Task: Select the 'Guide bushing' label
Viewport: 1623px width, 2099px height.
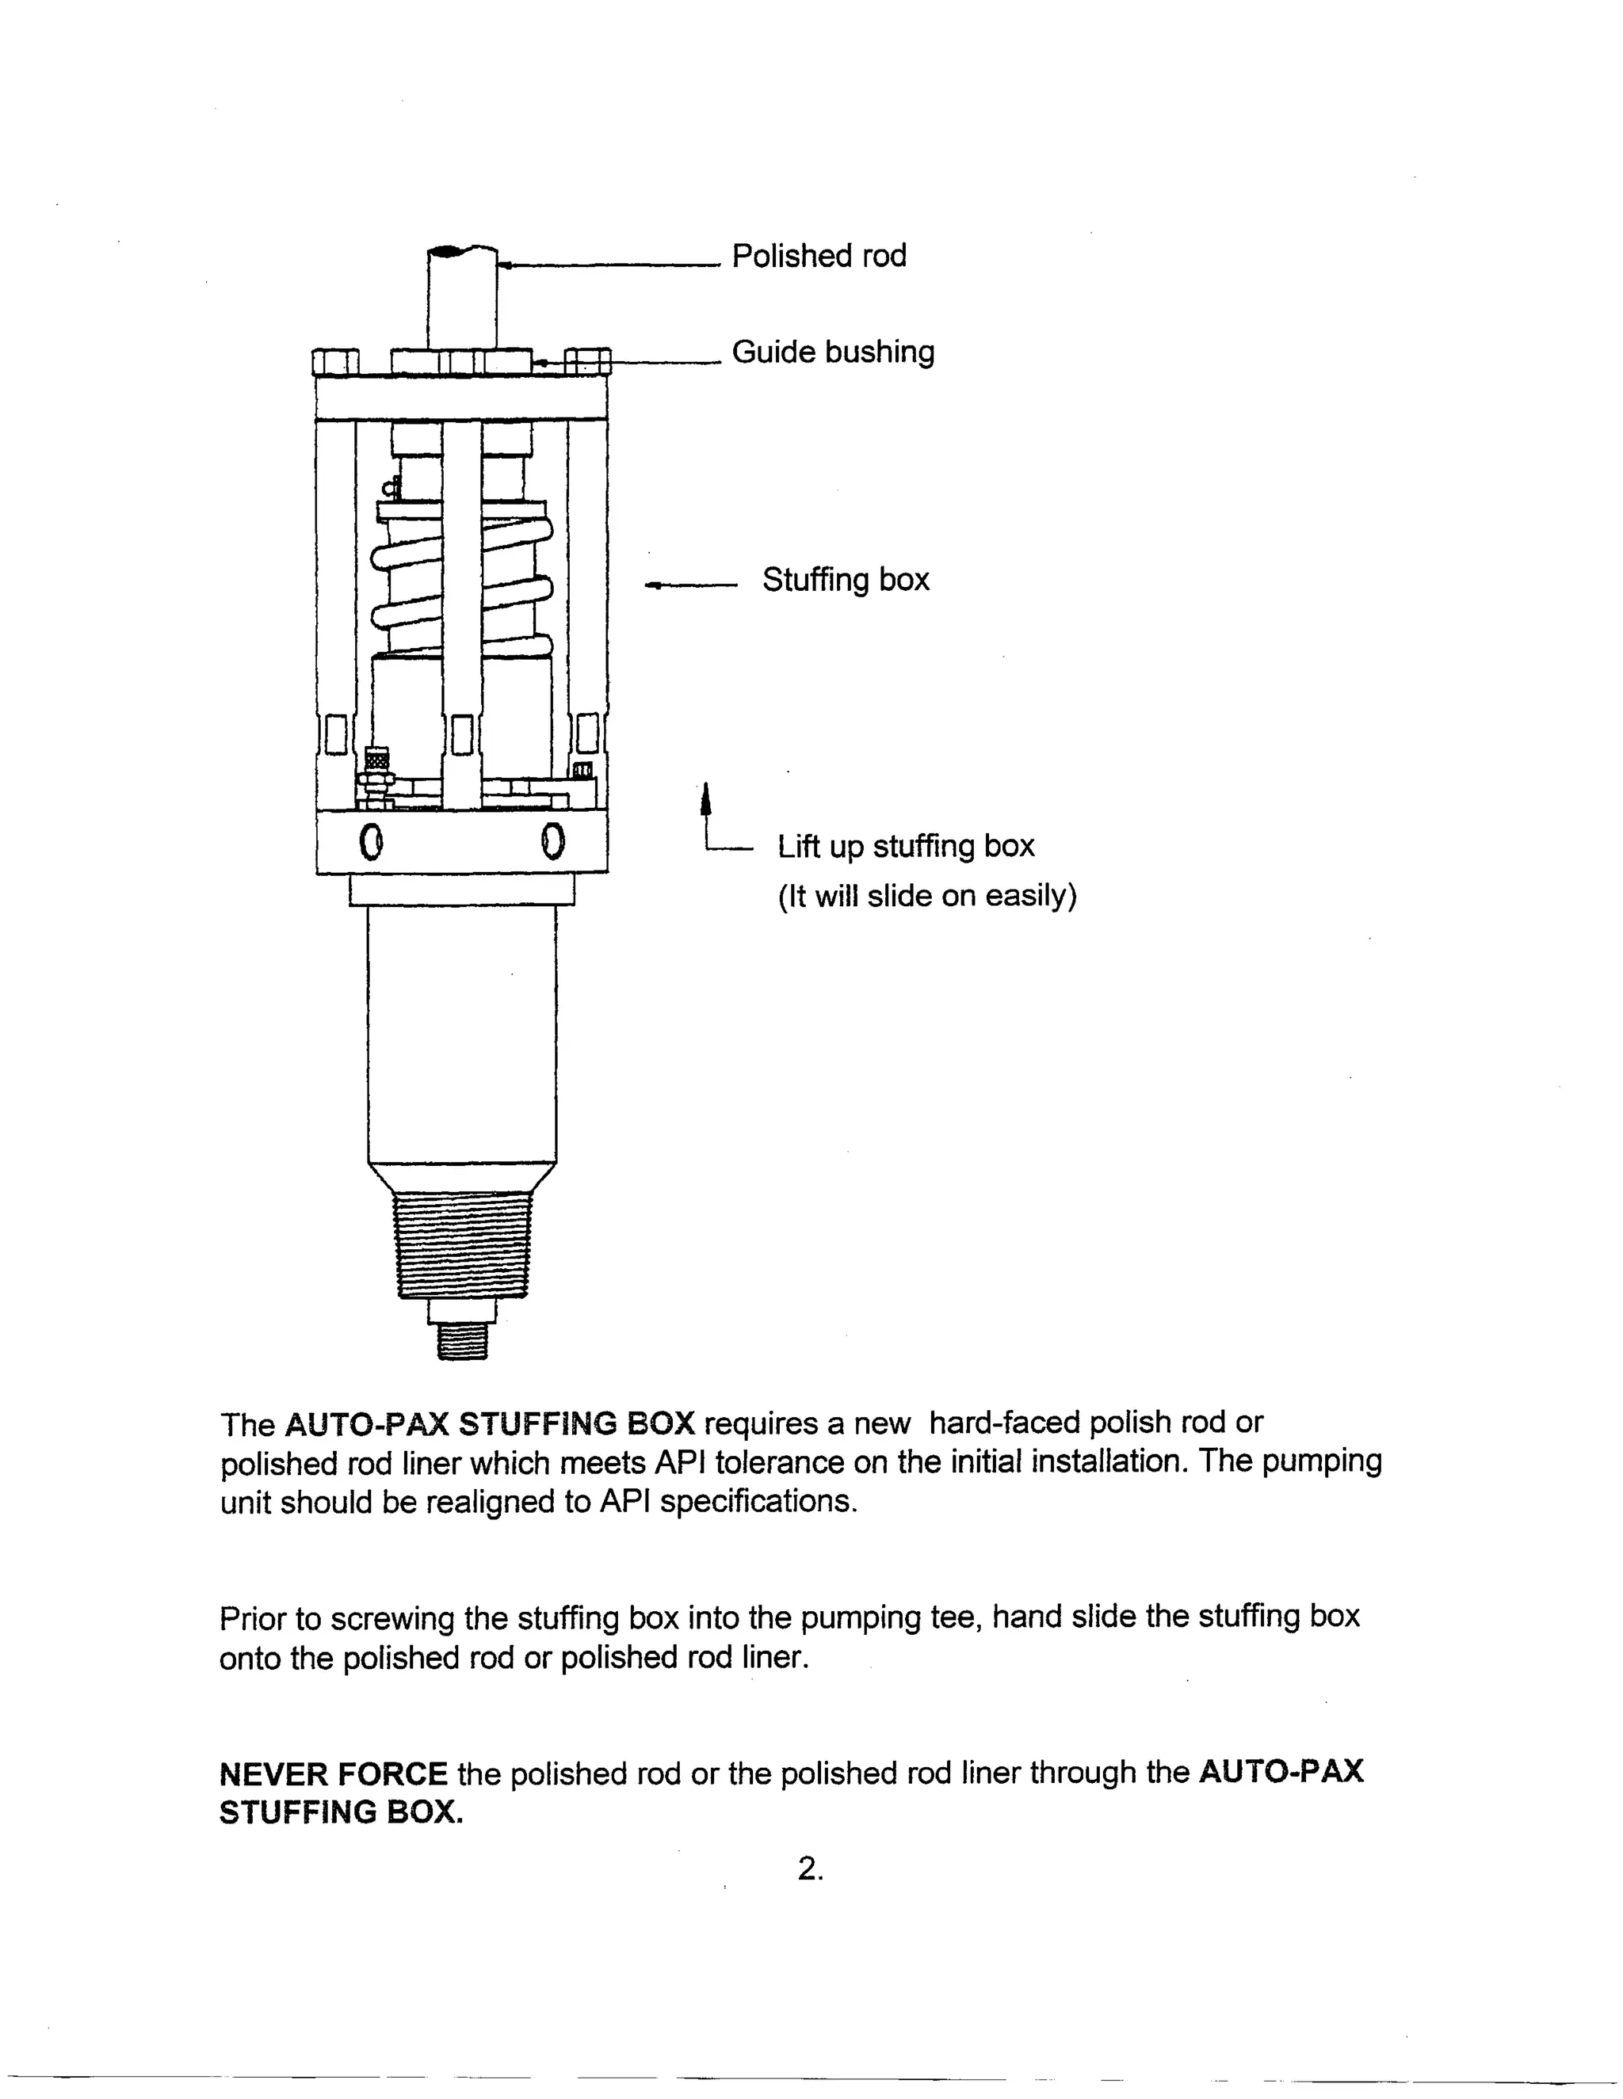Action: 833,352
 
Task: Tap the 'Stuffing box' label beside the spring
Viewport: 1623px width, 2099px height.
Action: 845,580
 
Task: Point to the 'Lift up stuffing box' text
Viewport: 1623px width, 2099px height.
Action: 906,846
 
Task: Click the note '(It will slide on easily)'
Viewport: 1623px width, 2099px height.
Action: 927,896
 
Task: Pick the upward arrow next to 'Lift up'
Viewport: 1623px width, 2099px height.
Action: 707,802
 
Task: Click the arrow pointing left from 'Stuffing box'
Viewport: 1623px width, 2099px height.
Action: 689,584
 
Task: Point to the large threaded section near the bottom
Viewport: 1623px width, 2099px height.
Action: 463,1244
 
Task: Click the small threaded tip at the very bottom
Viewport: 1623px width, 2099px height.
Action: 463,1339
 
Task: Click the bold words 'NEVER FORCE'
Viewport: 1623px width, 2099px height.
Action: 333,1773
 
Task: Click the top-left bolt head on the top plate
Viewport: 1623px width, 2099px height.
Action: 335,361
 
